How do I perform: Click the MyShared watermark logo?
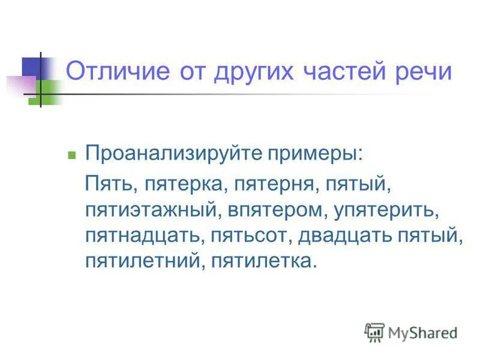[410, 332]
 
